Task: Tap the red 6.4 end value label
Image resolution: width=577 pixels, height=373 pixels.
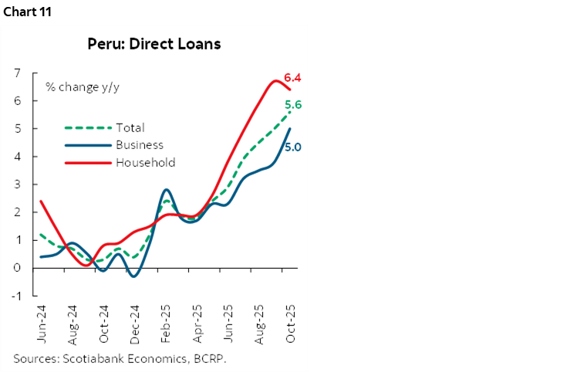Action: click(x=292, y=78)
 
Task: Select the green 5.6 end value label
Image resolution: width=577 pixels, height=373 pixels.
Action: click(x=292, y=105)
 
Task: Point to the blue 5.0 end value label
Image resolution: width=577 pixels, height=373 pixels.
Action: click(x=292, y=146)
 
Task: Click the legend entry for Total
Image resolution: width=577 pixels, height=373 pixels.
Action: click(x=130, y=127)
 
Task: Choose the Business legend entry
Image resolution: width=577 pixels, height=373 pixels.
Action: click(x=139, y=144)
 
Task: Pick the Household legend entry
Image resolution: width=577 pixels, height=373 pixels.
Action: click(x=145, y=162)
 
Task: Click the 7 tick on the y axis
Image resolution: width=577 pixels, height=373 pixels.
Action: click(x=16, y=73)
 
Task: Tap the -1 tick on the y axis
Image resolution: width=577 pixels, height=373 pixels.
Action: click(x=15, y=296)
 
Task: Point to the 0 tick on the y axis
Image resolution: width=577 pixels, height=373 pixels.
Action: click(x=16, y=268)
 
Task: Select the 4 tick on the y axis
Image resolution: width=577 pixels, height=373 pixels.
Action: click(x=16, y=157)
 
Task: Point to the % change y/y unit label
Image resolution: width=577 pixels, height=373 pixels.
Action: click(x=77, y=86)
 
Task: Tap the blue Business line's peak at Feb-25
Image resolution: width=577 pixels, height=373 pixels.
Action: click(x=166, y=190)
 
